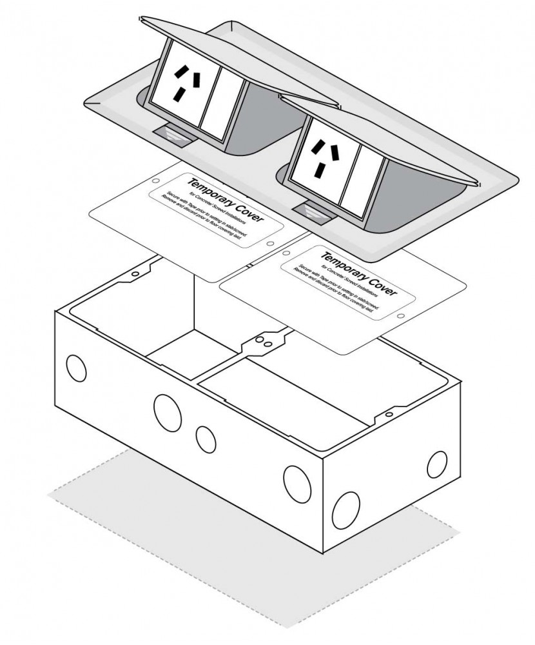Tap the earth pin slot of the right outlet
pos(320,170)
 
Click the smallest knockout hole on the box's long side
pos(206,439)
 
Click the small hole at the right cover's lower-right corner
pos(400,317)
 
